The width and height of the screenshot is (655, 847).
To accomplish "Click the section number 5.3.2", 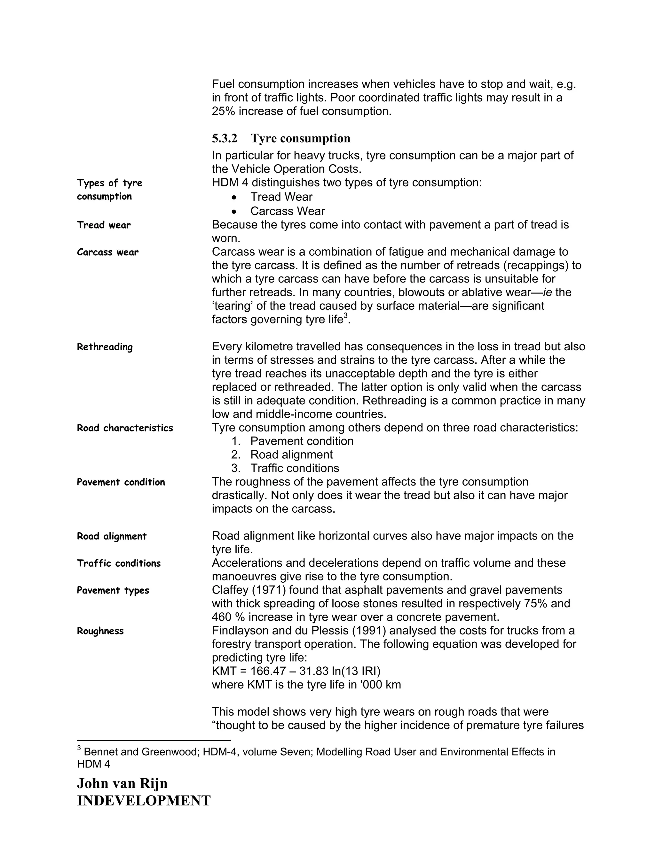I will click(x=224, y=138).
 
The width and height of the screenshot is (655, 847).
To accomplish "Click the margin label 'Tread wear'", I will click(x=104, y=225).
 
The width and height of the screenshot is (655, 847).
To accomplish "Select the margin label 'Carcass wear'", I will click(x=107, y=253).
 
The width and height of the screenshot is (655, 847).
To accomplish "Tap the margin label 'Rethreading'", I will click(x=105, y=347).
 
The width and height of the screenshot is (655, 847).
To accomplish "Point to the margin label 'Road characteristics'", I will click(x=124, y=428).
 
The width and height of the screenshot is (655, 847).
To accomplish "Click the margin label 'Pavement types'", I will click(x=113, y=591).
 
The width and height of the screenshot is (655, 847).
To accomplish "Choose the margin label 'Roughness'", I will click(x=100, y=631).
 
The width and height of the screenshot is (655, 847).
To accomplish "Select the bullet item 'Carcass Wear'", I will click(x=287, y=211).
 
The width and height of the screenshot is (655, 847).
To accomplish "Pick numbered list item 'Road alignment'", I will click(x=291, y=455).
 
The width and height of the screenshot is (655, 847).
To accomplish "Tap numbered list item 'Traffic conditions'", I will click(x=294, y=468).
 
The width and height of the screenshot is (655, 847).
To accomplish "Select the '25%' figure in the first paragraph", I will click(x=224, y=112).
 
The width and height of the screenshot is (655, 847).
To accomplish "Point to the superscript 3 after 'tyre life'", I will click(x=345, y=316).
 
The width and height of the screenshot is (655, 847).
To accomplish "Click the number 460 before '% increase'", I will click(x=222, y=618).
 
